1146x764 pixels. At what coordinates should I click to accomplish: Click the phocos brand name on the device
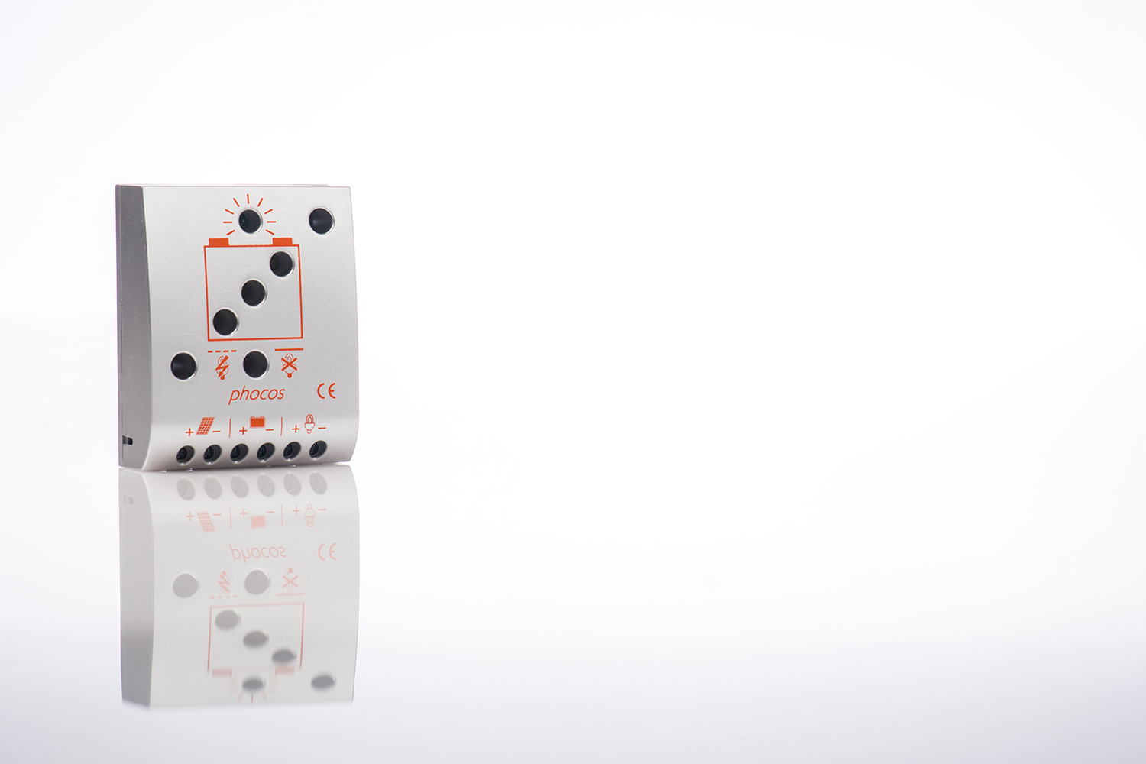[256, 394]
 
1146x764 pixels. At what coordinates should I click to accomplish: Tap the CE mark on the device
[326, 391]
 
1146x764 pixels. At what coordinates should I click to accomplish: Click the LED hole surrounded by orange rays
[250, 221]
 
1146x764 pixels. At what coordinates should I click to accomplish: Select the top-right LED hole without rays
[322, 221]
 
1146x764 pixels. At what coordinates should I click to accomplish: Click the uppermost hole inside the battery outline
[282, 264]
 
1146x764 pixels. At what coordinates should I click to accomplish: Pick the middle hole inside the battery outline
[254, 293]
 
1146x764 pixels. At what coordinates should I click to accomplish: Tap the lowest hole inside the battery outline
[225, 322]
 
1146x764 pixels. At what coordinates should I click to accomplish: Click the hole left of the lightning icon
[183, 366]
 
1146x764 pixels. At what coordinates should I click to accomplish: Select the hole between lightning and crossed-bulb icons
[256, 364]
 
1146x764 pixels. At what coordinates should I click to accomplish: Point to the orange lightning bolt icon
[222, 367]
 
